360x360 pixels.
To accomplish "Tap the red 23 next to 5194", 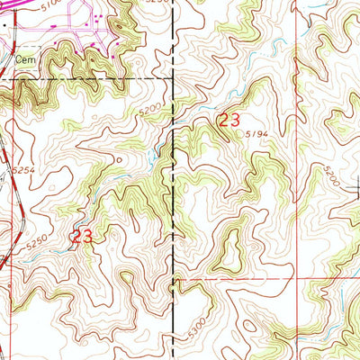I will click(229, 119).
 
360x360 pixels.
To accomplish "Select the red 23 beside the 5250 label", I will click(82, 236).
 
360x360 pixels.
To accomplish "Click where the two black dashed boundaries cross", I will click(173, 79).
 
